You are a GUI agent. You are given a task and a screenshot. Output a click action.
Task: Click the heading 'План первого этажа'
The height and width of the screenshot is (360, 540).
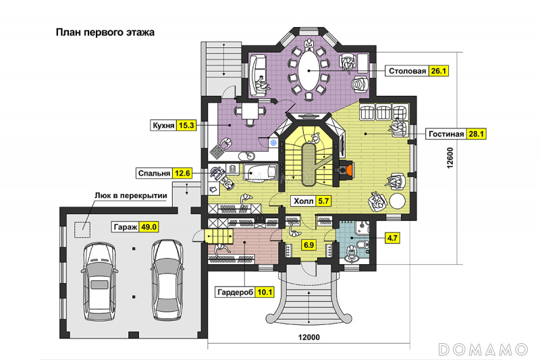click(105, 32)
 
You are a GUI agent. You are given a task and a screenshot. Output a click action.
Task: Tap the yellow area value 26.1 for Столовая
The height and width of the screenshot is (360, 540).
click(438, 71)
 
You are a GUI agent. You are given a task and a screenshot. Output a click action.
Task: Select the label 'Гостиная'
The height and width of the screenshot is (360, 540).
click(446, 134)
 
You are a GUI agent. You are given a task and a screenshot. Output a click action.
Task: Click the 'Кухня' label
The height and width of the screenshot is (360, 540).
click(163, 126)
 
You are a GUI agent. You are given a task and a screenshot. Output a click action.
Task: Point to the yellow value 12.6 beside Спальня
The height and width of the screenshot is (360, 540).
click(182, 173)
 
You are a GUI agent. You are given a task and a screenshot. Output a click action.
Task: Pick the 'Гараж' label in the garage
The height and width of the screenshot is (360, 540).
click(126, 228)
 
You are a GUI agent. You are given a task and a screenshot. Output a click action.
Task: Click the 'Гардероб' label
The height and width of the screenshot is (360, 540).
click(235, 292)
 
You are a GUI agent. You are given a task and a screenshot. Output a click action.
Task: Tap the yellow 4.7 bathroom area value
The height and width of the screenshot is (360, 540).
click(392, 238)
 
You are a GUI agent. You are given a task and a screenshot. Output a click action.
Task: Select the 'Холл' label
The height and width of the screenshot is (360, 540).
click(304, 201)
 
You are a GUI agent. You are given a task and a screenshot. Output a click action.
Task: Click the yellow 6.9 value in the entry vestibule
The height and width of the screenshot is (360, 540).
click(308, 245)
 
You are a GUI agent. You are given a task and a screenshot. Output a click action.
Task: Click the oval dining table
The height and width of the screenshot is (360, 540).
click(308, 71)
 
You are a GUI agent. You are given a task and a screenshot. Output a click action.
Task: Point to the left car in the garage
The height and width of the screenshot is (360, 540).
click(99, 281)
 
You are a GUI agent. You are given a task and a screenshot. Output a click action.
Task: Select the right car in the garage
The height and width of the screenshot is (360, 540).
click(167, 280)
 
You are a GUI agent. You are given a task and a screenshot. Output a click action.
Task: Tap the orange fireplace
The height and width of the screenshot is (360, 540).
click(350, 170)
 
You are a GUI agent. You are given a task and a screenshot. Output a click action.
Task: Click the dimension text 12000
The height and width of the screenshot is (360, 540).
click(309, 337)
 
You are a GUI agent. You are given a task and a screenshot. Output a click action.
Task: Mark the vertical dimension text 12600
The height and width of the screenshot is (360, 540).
click(450, 158)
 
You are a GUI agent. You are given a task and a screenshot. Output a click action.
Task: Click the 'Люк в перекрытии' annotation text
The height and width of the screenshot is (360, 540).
click(131, 196)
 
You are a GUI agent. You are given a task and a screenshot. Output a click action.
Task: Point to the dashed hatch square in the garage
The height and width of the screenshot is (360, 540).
click(82, 230)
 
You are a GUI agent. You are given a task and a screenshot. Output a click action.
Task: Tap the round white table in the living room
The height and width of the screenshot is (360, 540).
click(397, 201)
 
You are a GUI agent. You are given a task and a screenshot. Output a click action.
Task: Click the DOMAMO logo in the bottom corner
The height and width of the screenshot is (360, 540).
click(483, 349)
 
